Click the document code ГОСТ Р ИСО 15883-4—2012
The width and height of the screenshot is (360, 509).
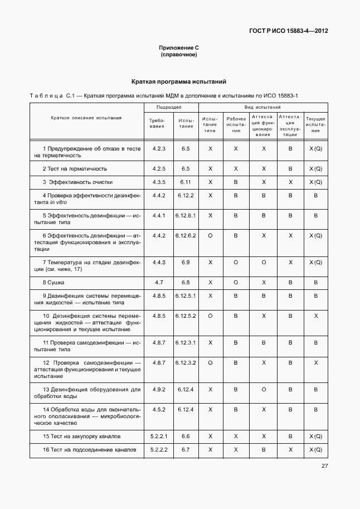[x=288, y=31]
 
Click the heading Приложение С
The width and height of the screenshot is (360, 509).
[x=178, y=49]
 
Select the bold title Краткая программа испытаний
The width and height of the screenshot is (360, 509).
[x=178, y=81]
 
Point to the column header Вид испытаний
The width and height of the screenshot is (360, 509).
[x=262, y=107]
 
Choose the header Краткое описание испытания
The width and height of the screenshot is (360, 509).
[x=86, y=118]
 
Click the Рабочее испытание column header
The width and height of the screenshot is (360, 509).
[x=236, y=124]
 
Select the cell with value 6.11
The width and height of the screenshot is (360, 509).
[x=186, y=182]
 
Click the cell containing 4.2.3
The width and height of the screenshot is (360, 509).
[x=159, y=149]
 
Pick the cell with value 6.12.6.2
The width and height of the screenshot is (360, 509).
[x=186, y=236]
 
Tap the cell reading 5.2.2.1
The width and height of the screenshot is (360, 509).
[x=159, y=436]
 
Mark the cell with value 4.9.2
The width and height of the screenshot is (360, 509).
[x=159, y=389]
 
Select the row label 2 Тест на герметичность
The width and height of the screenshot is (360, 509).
[x=75, y=168]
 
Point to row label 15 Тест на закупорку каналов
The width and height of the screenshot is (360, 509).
[x=81, y=436]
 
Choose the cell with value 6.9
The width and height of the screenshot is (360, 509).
[x=186, y=262]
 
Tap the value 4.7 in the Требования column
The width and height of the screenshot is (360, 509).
[x=159, y=283]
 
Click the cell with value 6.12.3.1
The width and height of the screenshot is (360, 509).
[x=186, y=342]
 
